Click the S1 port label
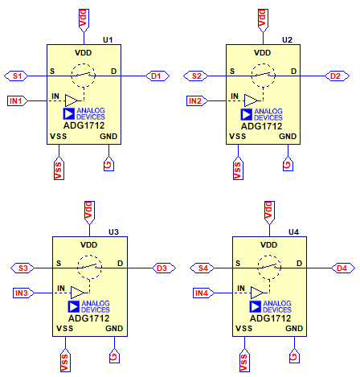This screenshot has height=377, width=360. coord(16,76)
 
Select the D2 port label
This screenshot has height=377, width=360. coord(337,76)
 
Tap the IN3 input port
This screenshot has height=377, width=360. coord(23,293)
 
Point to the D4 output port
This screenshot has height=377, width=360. coord(343,268)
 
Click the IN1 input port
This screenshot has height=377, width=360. coord(18,101)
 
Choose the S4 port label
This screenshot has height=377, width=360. coord(202,268)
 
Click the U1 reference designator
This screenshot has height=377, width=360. coord(108,40)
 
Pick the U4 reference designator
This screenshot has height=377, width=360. coord(293,232)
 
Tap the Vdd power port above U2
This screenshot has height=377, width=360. coord(263,20)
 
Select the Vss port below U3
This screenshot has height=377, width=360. coord(65,360)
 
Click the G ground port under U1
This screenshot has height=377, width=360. coord(108,163)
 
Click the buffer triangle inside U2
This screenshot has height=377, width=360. coord(252,101)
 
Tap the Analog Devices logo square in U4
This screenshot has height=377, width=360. coord(256,306)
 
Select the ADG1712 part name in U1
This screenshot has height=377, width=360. coord(84,125)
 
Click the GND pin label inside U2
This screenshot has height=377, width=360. coord(288,137)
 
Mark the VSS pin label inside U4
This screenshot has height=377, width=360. coord(243,329)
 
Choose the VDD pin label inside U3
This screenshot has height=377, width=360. coord(89,245)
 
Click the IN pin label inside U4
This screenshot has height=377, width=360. coord(241,289)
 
